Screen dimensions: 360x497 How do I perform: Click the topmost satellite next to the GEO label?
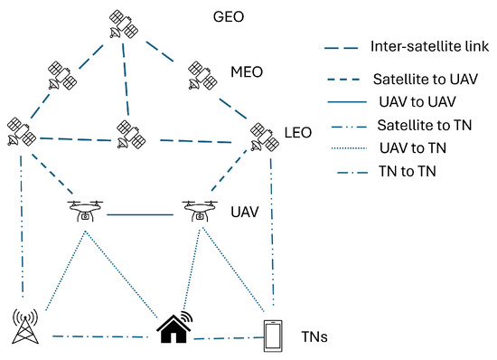[x=120, y=25]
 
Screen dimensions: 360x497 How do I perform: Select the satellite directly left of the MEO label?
[x=202, y=76]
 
